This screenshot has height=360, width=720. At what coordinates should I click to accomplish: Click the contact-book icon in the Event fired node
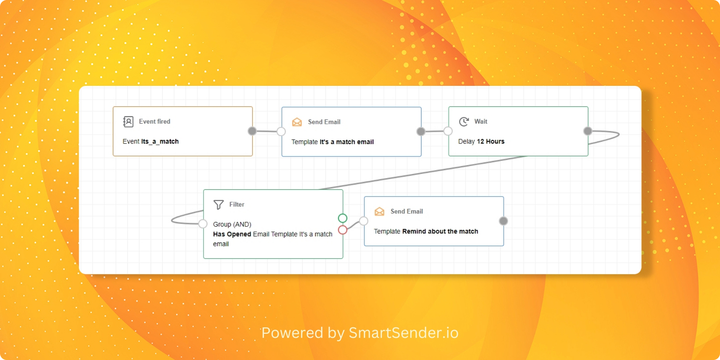(128, 121)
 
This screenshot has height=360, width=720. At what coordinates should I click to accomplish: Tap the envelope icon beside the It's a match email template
(297, 122)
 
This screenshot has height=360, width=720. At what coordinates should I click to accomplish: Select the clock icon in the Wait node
(464, 121)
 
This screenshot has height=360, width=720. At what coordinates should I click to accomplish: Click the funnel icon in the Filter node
(219, 204)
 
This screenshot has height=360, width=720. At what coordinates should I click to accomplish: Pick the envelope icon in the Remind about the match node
(379, 211)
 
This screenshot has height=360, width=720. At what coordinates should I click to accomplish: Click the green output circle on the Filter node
(342, 218)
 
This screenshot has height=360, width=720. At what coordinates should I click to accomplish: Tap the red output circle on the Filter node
(342, 229)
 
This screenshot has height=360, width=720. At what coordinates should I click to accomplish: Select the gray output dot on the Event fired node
(252, 131)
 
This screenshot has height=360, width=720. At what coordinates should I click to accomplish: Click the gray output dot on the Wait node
(588, 131)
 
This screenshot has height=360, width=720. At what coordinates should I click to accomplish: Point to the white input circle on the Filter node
(203, 224)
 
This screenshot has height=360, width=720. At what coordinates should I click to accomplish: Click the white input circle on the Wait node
(448, 131)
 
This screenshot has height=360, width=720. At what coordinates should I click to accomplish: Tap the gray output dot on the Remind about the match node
(503, 221)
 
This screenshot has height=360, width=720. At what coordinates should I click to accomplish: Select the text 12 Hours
(490, 141)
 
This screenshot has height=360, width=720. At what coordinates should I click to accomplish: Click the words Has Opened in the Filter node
(232, 234)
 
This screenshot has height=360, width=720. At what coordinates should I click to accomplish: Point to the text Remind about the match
(440, 231)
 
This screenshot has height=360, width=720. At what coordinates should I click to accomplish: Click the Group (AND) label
(232, 224)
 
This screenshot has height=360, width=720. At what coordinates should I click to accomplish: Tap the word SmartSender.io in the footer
(403, 333)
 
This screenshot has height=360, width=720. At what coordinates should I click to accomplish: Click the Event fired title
(154, 121)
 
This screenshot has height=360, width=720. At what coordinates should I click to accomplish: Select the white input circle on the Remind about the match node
(363, 221)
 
